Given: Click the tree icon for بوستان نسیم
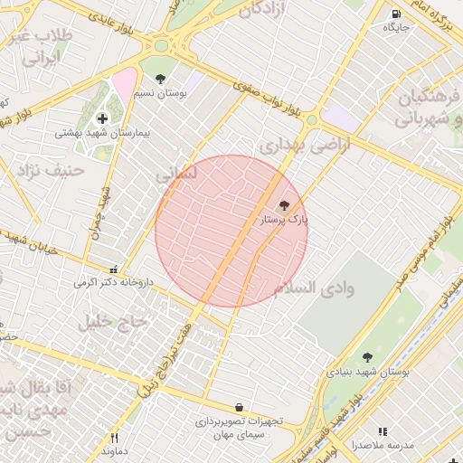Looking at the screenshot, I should pyautogui.click(x=161, y=80).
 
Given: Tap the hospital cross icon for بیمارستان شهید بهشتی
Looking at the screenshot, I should pyautogui.click(x=102, y=118).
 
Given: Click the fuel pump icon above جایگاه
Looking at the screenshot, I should pyautogui.click(x=397, y=14).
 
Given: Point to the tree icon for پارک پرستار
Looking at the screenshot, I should pyautogui.click(x=285, y=205).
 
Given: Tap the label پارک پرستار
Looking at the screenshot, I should pyautogui.click(x=285, y=219).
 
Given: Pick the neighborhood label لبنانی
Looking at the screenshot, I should pyautogui.click(x=176, y=171).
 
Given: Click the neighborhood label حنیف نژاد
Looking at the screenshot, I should pyautogui.click(x=55, y=169).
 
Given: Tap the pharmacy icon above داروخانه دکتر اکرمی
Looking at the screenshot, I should pyautogui.click(x=113, y=269).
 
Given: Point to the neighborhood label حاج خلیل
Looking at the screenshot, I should pyautogui.click(x=112, y=321).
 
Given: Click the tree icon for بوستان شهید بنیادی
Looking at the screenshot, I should pyautogui.click(x=367, y=357).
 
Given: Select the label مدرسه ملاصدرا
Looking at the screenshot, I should pyautogui.click(x=383, y=446).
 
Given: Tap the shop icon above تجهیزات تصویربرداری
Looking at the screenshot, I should pyautogui.click(x=239, y=408).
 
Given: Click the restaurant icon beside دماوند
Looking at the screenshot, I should pyautogui.click(x=114, y=438).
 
